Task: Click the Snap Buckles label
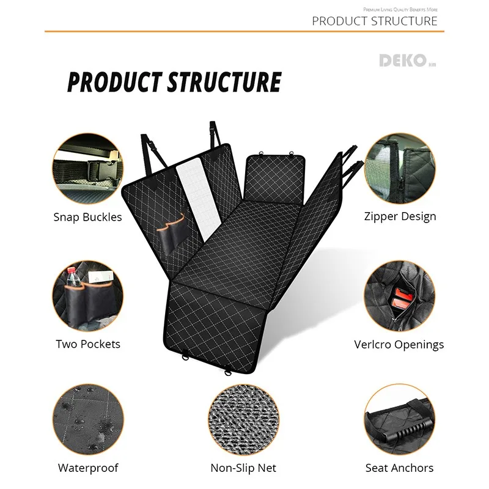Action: (87, 217)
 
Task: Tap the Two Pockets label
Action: (88, 344)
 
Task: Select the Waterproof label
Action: (88, 468)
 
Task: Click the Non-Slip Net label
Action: (243, 468)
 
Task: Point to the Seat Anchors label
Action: (399, 468)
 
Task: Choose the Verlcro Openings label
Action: (399, 345)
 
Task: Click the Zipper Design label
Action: (400, 216)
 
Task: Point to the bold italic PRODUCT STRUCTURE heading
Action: (174, 82)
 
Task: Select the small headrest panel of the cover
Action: (276, 180)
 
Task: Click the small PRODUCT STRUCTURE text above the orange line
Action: (375, 21)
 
